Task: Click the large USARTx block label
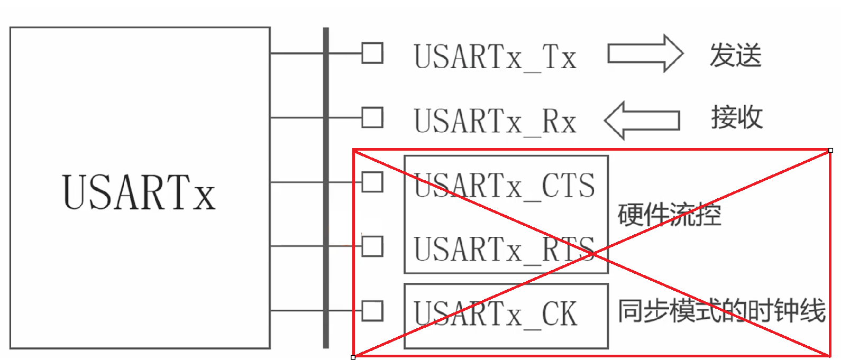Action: tap(139, 192)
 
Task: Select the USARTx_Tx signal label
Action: tap(495, 57)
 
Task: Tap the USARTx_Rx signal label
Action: tap(495, 121)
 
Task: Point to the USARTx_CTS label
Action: tap(504, 186)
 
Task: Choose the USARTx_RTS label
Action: tap(504, 250)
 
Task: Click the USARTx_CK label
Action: tap(495, 314)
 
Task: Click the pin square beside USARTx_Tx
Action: tap(372, 53)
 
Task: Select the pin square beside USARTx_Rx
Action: tap(372, 117)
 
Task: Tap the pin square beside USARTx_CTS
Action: tap(372, 182)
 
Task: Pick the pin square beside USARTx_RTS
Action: tap(372, 246)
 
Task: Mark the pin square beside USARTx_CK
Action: tap(372, 311)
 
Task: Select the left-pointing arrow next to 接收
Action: tap(642, 120)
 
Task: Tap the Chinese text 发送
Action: tap(735, 56)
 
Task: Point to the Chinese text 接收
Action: tap(736, 117)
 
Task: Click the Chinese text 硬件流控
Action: tap(669, 215)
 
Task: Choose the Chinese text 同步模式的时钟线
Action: tap(721, 310)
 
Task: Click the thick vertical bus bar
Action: tap(326, 188)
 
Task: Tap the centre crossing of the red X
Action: tap(592, 253)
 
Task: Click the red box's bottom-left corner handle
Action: tap(353, 357)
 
